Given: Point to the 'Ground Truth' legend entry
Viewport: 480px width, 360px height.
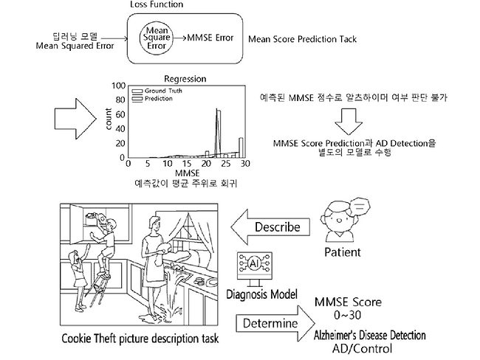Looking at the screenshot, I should (x=163, y=91).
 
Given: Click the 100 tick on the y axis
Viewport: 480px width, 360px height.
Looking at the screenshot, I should (x=118, y=86).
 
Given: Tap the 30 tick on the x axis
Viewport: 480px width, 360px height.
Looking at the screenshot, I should (x=243, y=164).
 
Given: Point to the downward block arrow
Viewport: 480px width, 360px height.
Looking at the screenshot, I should (x=349, y=118).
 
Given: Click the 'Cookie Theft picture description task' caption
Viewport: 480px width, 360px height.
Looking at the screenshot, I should (x=138, y=342).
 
